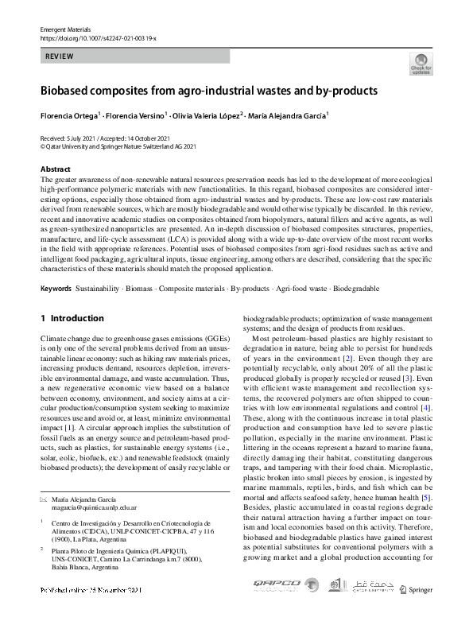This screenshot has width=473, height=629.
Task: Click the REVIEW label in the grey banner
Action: (x=60, y=56)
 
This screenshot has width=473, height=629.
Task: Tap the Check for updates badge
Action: (x=419, y=63)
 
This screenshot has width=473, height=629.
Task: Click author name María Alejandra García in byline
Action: (x=287, y=116)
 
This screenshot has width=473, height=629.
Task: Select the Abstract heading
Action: (x=55, y=169)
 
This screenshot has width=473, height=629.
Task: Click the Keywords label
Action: (x=56, y=288)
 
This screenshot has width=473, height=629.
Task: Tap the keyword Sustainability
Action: (x=99, y=288)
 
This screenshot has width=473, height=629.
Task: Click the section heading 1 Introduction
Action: (x=72, y=318)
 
